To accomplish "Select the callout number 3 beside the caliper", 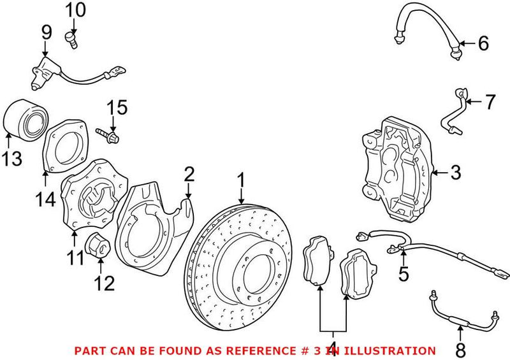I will click(455, 172).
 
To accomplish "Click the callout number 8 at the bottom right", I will click(460, 350).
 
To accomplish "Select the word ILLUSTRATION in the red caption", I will click(394, 350).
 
